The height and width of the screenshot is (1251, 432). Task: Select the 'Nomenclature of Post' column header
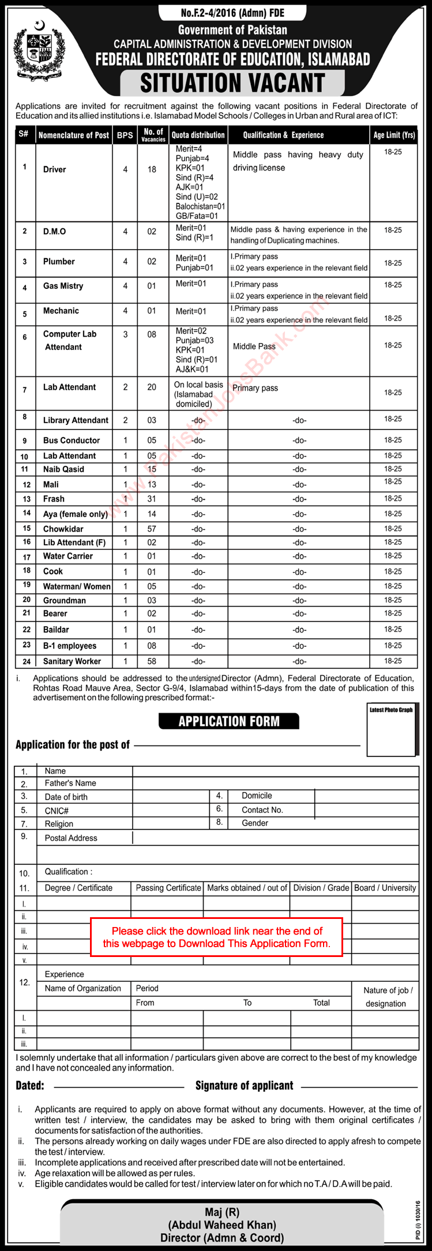(x=73, y=135)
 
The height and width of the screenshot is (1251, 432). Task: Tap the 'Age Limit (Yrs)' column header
(x=394, y=135)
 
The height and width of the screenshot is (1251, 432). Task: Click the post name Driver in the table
(x=54, y=169)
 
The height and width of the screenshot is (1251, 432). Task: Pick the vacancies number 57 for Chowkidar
(x=152, y=529)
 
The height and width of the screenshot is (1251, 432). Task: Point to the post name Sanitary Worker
(x=72, y=661)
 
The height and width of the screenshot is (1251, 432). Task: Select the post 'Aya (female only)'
(x=76, y=514)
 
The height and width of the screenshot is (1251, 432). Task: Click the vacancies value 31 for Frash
(x=152, y=499)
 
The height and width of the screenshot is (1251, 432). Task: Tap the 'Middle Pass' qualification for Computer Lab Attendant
(x=254, y=346)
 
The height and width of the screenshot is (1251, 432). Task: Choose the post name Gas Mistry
(x=63, y=286)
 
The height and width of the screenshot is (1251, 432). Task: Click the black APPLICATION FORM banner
(x=229, y=721)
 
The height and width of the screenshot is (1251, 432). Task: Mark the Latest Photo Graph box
(x=391, y=729)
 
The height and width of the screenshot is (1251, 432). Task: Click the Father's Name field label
(x=70, y=783)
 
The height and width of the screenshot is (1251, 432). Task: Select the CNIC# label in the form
(x=57, y=811)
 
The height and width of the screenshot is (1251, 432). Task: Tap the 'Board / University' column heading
(x=385, y=888)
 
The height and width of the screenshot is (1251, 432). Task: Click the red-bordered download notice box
(x=216, y=937)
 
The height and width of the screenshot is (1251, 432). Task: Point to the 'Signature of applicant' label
(x=244, y=1086)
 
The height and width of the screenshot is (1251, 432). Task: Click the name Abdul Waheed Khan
(x=222, y=1224)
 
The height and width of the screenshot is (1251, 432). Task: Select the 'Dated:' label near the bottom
(x=30, y=1086)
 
